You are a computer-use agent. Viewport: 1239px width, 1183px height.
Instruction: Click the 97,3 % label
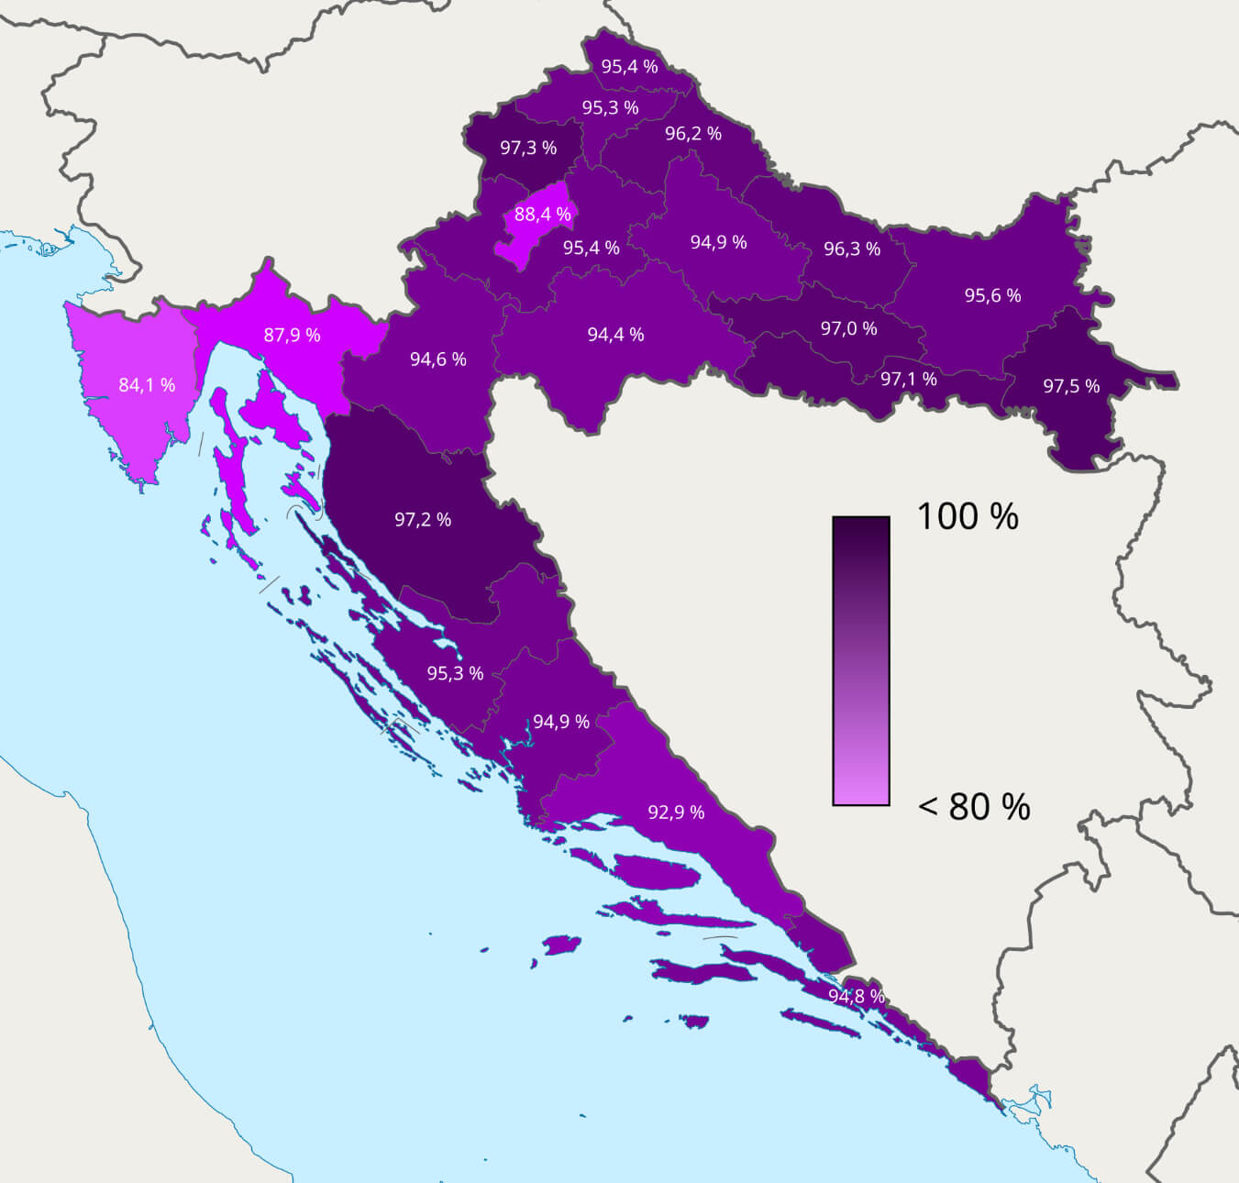tap(528, 148)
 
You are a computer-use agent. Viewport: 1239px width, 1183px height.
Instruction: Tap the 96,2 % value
tap(693, 134)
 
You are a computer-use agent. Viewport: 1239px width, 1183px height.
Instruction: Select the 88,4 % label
tap(543, 215)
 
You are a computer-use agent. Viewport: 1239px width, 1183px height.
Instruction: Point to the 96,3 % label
tap(852, 249)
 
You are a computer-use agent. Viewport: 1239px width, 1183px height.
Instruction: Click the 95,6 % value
tap(992, 295)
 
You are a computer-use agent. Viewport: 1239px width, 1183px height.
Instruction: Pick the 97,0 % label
tap(848, 328)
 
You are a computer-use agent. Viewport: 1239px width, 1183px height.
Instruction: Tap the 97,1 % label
tap(909, 379)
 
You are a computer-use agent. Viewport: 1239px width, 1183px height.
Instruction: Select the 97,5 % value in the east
tap(1071, 386)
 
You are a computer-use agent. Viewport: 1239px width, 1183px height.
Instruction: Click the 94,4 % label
tap(615, 335)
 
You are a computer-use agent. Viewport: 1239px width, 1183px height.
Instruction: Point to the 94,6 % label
tap(438, 359)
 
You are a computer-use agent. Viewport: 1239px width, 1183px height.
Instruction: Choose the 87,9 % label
tap(293, 335)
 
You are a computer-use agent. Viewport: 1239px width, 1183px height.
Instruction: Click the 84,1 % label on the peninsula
tap(147, 385)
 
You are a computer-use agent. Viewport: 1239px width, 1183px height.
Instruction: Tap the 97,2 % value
tap(423, 520)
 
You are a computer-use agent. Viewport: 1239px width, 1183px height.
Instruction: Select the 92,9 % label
tap(676, 813)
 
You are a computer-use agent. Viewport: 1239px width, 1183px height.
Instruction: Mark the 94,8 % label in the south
tap(857, 996)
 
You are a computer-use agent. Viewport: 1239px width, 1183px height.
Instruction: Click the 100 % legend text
tap(968, 516)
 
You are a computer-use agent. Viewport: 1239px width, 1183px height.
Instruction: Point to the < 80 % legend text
tap(974, 807)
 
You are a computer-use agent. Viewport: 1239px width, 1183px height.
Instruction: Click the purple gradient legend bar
tap(861, 661)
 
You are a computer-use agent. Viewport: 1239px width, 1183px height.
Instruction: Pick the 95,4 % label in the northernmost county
tap(629, 67)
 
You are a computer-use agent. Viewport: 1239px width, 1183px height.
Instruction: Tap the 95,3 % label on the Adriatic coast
tap(455, 673)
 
